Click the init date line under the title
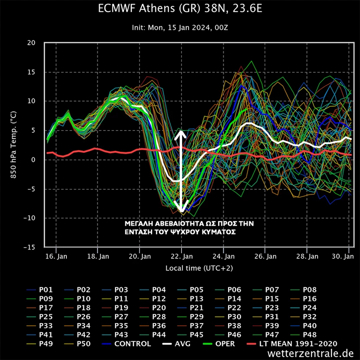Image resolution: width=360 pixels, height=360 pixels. [x=180, y=27]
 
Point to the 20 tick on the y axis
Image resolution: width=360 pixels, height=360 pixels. [x=31, y=43]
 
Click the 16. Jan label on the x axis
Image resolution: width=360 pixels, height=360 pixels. [x=56, y=256]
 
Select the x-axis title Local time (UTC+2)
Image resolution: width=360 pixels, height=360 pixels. [x=199, y=268]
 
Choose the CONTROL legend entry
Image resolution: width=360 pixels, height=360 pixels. [x=132, y=344]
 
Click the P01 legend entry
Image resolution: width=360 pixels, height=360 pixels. [x=46, y=290]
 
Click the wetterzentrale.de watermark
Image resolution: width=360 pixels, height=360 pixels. [x=311, y=353]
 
